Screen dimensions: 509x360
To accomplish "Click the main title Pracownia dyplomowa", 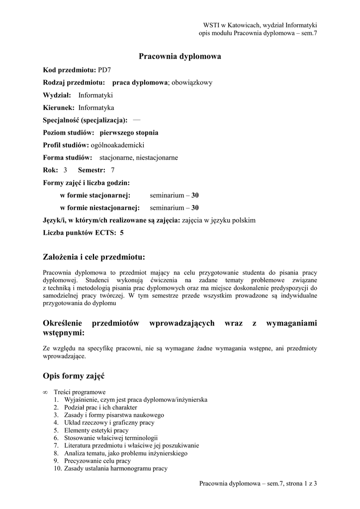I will (179, 57).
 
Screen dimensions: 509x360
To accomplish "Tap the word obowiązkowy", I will (191, 83).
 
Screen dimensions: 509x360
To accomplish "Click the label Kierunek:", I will (59, 107).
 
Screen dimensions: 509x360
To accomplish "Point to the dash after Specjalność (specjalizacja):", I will (137, 120).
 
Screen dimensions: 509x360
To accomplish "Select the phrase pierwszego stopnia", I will (129, 133).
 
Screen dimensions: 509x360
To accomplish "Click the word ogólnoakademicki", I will (117, 145).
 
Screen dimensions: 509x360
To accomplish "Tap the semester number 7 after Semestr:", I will (112, 170).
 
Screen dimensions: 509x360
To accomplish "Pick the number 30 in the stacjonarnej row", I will (195, 195).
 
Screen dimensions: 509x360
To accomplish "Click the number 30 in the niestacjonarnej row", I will (195, 208).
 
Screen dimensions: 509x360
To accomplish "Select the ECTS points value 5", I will (122, 233).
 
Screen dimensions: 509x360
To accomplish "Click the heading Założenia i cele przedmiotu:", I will (94, 257).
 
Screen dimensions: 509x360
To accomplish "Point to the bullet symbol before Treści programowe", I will (46, 392).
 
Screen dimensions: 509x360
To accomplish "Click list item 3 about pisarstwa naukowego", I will (114, 415).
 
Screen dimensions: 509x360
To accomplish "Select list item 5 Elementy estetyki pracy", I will (96, 430).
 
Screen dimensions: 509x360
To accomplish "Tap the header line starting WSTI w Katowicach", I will (260, 25).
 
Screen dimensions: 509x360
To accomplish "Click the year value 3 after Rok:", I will (65, 170).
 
